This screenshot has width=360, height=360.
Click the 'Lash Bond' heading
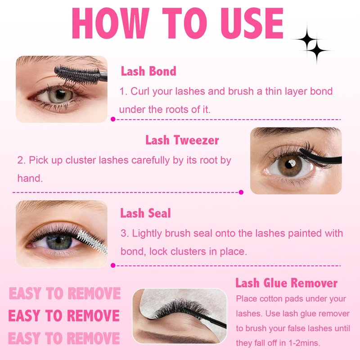coord(148,71)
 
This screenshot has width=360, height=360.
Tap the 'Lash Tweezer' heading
coord(182,140)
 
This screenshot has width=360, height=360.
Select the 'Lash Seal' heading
coord(145,213)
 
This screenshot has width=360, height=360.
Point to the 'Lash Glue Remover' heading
coord(286,283)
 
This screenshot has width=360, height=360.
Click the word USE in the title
coord(252,23)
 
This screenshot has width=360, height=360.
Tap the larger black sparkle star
coord(307,39)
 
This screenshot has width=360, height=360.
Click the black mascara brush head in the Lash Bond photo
coord(77,75)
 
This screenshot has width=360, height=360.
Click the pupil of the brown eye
coord(290,164)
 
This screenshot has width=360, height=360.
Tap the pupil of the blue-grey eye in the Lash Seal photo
coord(58,240)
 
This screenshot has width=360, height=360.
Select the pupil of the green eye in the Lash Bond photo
coord(61,94)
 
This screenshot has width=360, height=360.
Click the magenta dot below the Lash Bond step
coord(113,119)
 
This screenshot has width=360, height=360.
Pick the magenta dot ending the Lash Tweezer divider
coord(241,192)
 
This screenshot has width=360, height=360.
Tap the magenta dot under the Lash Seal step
coord(113,265)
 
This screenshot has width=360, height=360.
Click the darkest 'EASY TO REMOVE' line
coord(64,315)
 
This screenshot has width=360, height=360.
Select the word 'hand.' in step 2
coord(30,178)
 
